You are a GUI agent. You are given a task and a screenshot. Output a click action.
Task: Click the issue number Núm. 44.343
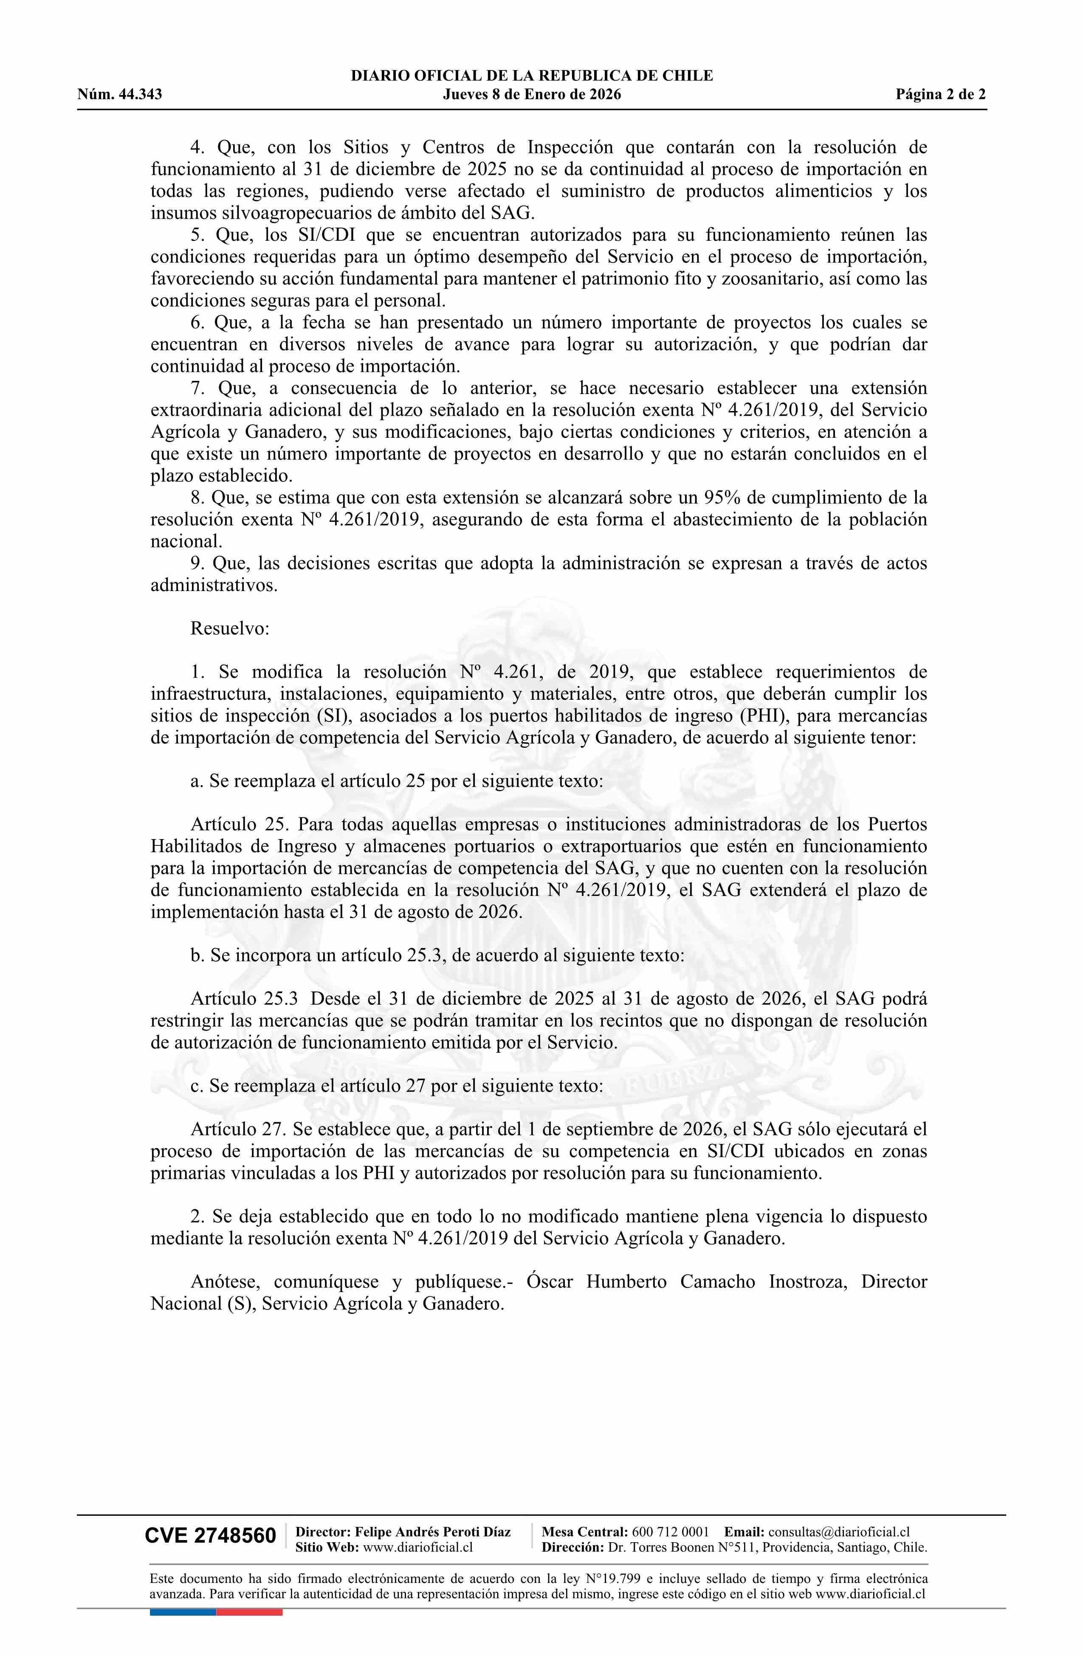coord(120,95)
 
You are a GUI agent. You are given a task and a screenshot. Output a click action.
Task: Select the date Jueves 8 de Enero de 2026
coord(532,95)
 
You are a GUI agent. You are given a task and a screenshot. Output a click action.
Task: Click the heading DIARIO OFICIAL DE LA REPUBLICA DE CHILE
coord(532,76)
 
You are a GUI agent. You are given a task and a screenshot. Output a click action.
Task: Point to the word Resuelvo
coord(229,628)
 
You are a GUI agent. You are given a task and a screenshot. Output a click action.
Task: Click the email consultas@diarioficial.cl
coord(839,1532)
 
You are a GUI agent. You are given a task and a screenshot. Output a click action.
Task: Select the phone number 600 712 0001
coord(670,1532)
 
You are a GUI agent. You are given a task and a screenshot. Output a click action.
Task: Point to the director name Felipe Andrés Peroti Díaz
coord(433,1532)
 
